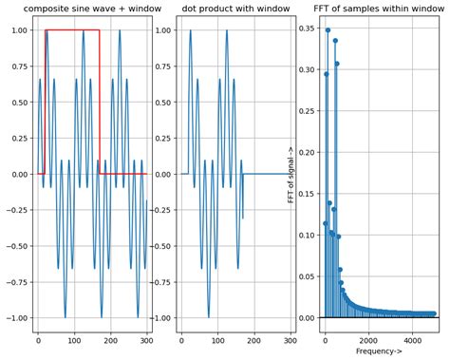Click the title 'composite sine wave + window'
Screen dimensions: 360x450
click(x=91, y=9)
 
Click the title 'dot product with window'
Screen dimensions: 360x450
click(x=234, y=9)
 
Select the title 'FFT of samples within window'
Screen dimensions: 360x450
click(x=378, y=9)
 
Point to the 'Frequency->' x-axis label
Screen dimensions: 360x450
click(x=379, y=351)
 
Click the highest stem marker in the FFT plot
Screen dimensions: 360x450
click(x=328, y=30)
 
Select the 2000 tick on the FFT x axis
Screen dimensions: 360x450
click(x=369, y=339)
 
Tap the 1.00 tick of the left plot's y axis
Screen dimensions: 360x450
click(x=19, y=30)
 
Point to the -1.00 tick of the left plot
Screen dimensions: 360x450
click(x=17, y=318)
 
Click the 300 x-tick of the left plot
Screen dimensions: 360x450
click(x=147, y=339)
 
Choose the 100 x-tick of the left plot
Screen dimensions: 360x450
click(x=75, y=339)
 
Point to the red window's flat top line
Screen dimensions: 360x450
click(x=71, y=30)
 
